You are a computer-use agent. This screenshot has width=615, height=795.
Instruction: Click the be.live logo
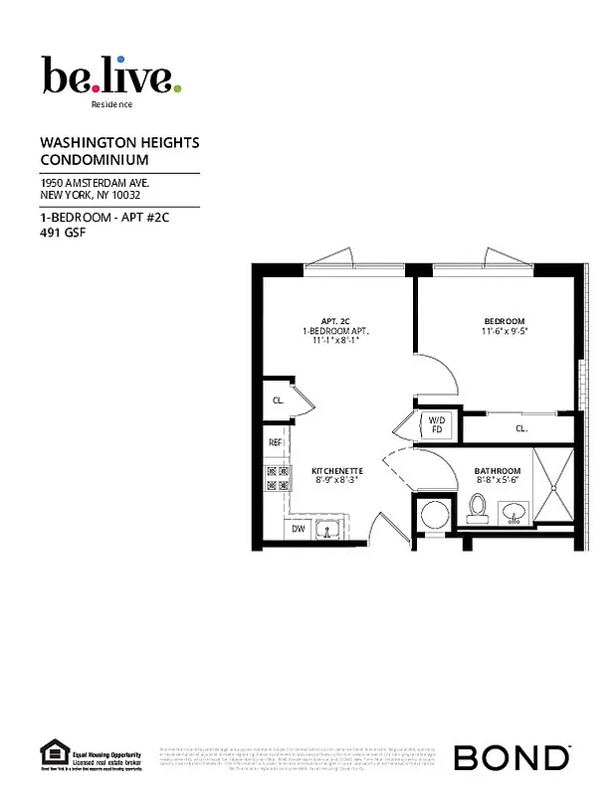pos(110,76)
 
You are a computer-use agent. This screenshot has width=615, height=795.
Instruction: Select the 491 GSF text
pos(62,235)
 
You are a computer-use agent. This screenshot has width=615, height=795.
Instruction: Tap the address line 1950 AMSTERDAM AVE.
pos(95,183)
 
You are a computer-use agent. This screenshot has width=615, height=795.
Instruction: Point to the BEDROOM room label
pos(505,320)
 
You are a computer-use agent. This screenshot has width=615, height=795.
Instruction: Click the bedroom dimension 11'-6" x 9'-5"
pos(505,332)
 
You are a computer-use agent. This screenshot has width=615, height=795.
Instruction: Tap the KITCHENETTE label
pos(336,470)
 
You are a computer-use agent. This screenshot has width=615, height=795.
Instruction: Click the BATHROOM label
pos(498,470)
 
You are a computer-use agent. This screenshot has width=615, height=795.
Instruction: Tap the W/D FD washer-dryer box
pos(436,425)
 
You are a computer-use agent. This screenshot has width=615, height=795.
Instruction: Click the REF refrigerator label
pos(276,442)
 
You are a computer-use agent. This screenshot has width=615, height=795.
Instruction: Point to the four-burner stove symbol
pos(278,480)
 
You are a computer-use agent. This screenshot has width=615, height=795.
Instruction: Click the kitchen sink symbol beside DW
pos(328,529)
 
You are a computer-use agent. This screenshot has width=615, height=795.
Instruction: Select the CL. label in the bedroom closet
pos(520,429)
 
